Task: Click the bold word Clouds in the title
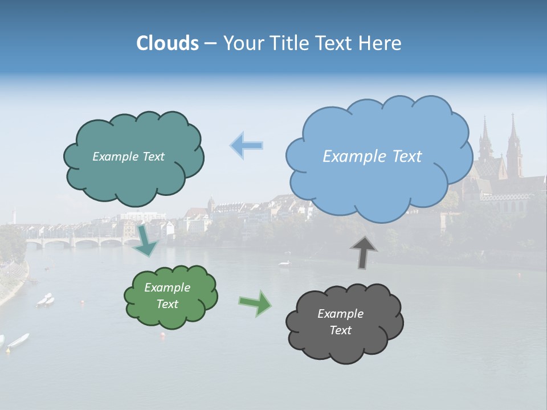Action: [168, 43]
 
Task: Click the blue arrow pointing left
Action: [247, 145]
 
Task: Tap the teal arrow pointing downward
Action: [146, 242]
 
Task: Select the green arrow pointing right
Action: [255, 303]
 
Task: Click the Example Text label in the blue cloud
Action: [372, 157]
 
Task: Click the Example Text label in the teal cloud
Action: [128, 157]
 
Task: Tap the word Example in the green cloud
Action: [167, 288]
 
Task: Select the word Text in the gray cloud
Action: [340, 331]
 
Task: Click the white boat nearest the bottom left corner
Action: [18, 340]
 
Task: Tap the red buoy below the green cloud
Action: [163, 335]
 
